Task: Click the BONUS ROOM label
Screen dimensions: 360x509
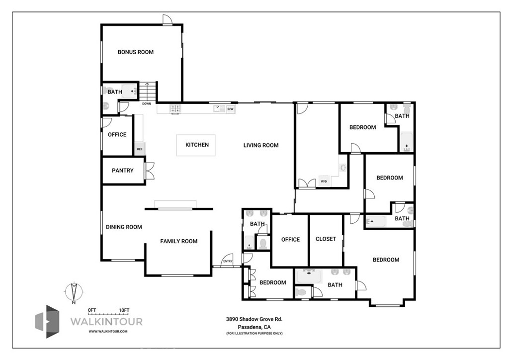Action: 135,52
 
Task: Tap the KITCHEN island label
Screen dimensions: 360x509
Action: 197,145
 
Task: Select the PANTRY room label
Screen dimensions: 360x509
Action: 122,171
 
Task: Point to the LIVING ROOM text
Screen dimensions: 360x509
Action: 260,145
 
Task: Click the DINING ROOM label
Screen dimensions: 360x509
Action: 124,227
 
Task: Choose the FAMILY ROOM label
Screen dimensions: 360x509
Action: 178,241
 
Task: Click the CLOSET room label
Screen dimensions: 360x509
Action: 326,239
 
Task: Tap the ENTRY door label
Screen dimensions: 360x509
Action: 228,262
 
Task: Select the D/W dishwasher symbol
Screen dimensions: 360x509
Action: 231,109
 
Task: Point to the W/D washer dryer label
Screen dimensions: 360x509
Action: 324,181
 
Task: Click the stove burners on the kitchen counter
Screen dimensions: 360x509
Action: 175,108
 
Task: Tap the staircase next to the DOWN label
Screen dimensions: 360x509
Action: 148,92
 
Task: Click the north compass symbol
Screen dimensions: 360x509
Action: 74,292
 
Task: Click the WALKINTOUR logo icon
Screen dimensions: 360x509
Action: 47,321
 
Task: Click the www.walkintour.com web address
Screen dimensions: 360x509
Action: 108,331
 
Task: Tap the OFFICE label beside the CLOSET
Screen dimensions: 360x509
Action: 290,240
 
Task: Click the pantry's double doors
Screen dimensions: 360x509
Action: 149,171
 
